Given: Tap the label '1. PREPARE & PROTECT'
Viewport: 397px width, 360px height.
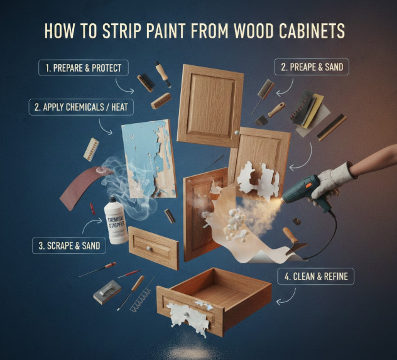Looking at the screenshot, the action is coord(84,68).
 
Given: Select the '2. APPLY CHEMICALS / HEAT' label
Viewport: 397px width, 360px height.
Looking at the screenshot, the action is coord(81,107).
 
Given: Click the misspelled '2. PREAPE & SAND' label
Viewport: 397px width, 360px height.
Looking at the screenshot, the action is coord(312,67).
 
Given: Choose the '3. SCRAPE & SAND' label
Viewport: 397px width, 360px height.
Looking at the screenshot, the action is coord(69,246).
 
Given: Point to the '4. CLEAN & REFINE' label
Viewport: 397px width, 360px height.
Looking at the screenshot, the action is coord(316,276).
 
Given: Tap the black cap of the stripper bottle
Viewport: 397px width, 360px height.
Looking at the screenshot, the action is coord(112,200).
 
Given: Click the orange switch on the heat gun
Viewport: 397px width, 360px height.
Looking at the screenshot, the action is coord(309,185).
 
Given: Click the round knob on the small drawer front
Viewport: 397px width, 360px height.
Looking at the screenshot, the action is coord(148,248).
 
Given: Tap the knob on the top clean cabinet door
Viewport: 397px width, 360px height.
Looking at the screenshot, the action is coord(237,133).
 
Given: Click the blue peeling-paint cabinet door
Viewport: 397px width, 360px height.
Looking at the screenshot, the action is coord(149,159).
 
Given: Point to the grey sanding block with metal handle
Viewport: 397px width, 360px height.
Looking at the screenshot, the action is coord(107,292).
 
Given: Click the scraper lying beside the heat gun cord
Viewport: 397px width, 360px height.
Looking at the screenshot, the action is coord(294,241).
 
